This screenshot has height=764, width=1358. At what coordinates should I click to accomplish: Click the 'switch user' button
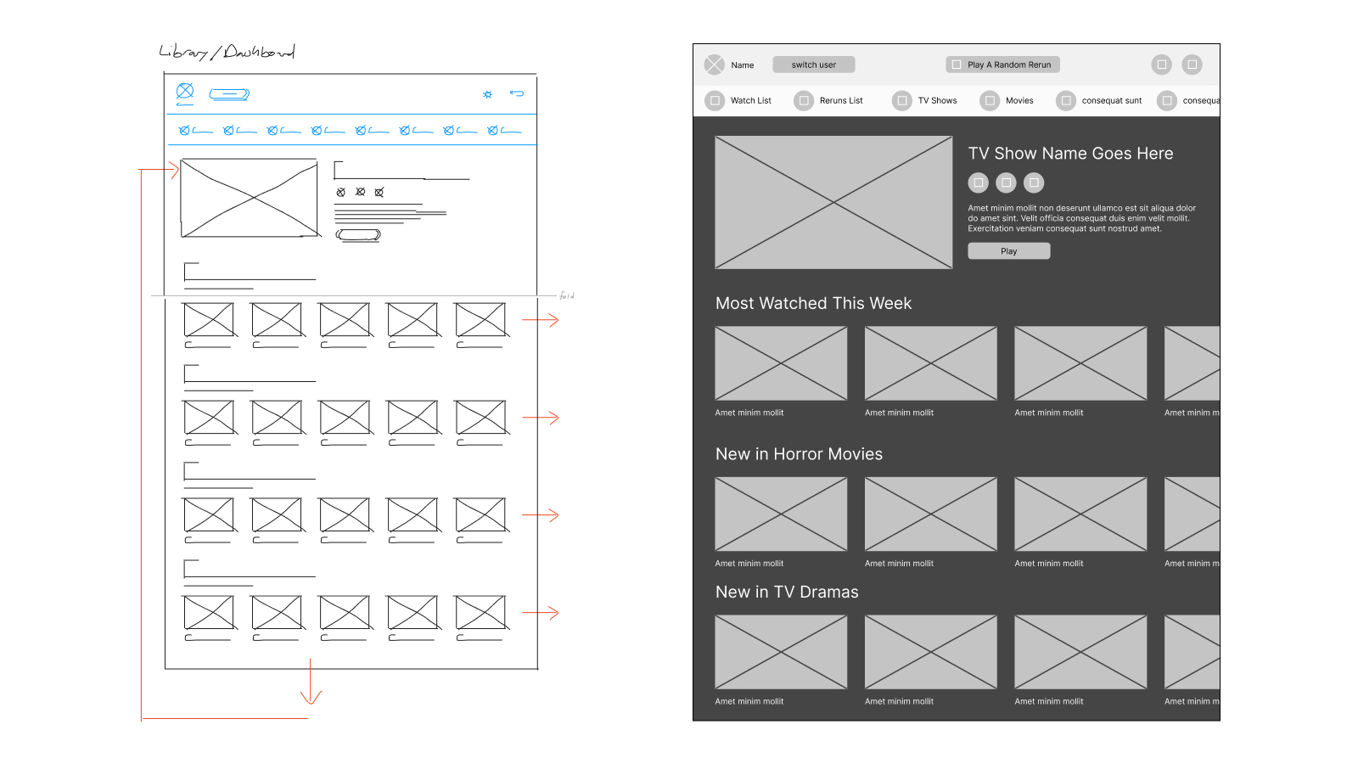click(813, 65)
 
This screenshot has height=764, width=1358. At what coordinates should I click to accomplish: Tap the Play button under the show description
click(1008, 251)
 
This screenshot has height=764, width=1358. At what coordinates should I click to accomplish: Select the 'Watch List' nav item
click(750, 100)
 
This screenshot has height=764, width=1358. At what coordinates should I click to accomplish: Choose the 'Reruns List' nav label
click(840, 100)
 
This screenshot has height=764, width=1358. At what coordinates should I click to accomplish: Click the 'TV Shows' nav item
click(937, 100)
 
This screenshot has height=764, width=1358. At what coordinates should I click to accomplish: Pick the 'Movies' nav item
click(1018, 100)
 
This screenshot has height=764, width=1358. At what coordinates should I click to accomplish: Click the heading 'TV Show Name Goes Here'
click(1070, 154)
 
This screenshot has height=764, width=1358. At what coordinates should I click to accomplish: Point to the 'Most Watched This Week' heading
click(813, 304)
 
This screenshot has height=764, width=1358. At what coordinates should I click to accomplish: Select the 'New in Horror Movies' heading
click(799, 454)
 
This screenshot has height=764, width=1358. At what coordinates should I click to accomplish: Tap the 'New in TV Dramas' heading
click(787, 593)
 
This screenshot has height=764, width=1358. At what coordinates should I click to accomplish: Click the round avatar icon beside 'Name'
click(715, 65)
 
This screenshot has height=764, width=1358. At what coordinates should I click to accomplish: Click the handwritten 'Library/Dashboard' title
click(227, 53)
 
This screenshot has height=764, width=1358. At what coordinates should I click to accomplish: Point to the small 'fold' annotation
click(567, 295)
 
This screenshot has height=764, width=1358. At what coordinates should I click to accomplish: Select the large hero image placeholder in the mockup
click(833, 203)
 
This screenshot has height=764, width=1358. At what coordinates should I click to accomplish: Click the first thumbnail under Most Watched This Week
click(781, 363)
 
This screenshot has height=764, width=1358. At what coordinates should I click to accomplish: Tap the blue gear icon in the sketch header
click(487, 94)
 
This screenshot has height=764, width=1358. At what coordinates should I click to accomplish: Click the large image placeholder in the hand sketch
click(250, 198)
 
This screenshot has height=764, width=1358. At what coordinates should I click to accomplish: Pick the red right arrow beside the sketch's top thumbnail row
click(541, 320)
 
